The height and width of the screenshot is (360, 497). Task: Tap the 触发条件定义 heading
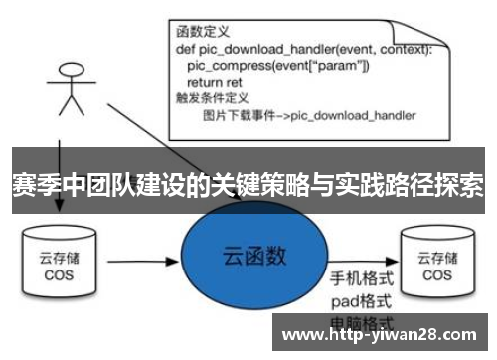[x=211, y=98]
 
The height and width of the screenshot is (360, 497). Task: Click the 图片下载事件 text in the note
[x=235, y=115]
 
